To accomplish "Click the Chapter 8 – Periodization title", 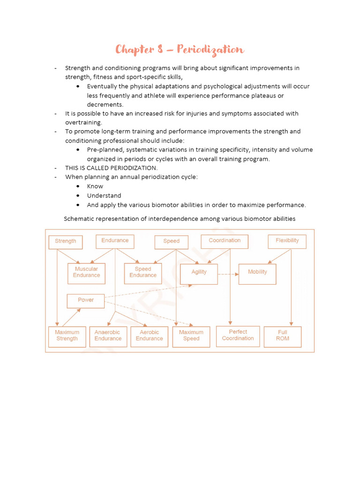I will point(180,50).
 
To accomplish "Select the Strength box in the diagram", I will point(66,241).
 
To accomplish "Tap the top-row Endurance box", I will point(115,241).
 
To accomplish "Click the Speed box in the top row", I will point(171,241).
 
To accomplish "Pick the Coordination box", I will point(225,241).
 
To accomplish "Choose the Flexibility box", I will point(287,241).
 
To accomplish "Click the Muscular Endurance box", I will point(86,273).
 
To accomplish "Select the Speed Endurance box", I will point(143,273).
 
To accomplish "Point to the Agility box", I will point(199,273).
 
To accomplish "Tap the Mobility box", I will point(257,273).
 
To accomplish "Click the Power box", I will point(86,300).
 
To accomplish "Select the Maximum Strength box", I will point(67,336).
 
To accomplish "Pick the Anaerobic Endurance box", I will point(108,336).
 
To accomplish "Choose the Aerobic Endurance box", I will point(149,336).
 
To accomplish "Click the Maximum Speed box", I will point(191,336).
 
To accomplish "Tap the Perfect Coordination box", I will point(238,336).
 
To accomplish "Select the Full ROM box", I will point(283,336).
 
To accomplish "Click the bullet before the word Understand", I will point(77,195).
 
